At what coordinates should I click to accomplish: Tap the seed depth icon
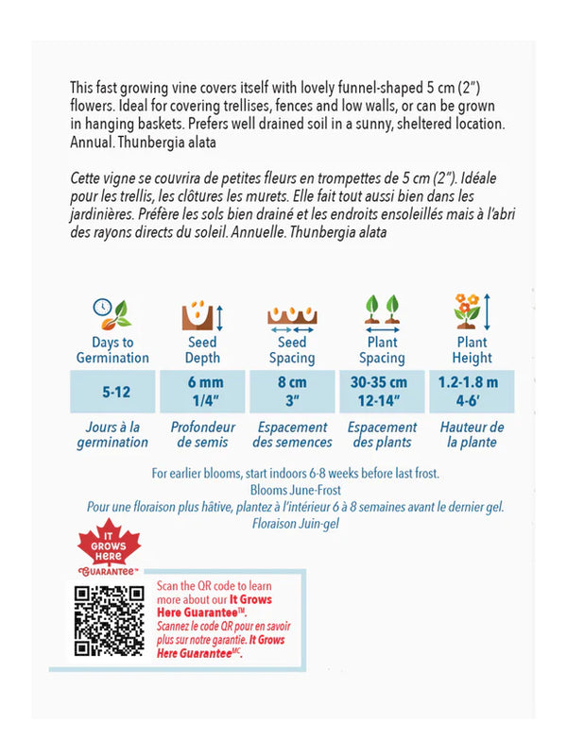[202, 312]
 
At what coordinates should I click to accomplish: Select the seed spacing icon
[292, 314]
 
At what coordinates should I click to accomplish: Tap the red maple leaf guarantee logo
[107, 550]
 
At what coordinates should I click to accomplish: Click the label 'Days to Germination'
[112, 350]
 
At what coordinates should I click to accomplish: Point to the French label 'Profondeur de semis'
[202, 435]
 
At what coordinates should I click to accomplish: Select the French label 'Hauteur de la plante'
[472, 435]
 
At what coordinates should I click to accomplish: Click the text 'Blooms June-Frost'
[295, 491]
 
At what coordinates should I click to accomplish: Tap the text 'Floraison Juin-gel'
[295, 522]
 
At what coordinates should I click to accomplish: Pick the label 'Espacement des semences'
[292, 435]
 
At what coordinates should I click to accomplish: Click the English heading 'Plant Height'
[472, 350]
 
